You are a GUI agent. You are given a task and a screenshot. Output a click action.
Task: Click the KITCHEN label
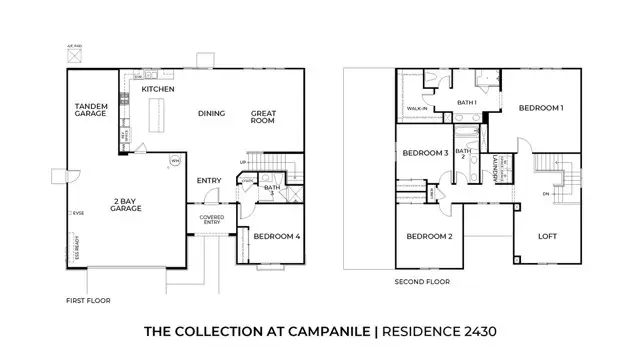[158, 89]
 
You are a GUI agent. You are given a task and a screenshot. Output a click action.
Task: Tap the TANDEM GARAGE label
[92, 110]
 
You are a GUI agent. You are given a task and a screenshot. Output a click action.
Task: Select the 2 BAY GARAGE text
[126, 204]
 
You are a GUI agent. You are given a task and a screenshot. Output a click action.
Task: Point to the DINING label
[210, 113]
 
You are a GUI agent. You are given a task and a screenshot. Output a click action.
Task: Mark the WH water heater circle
[175, 159]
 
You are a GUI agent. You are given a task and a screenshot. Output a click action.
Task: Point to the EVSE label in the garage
[78, 214]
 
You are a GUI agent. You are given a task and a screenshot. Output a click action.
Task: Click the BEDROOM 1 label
[540, 107]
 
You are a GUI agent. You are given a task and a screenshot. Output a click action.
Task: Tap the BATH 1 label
[467, 102]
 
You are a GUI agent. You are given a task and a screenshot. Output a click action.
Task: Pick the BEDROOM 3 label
[425, 153]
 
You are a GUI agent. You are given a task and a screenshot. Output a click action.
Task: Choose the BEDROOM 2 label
[431, 237]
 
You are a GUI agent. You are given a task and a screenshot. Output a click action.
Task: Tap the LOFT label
[547, 236]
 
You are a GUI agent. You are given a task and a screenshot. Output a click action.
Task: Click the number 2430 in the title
[474, 330]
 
